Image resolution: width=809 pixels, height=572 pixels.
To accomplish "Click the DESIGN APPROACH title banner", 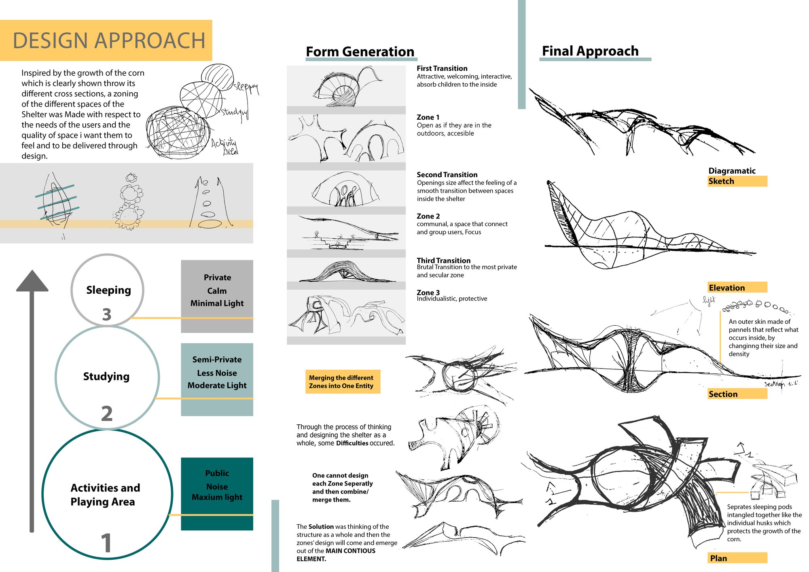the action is (106, 40).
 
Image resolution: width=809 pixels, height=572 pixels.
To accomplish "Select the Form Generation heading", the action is (360, 52).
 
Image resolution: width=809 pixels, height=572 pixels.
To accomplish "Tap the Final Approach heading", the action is (590, 51).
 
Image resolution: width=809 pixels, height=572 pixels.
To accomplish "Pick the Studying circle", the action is (107, 377).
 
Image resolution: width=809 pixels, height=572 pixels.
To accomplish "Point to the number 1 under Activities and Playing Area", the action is (106, 543).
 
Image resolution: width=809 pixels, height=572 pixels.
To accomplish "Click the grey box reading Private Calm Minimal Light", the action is (217, 297).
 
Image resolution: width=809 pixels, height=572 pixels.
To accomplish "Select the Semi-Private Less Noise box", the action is (217, 379).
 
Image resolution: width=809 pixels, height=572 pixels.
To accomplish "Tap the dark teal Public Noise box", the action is (217, 494).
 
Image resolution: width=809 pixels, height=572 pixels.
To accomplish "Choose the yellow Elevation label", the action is (737, 287).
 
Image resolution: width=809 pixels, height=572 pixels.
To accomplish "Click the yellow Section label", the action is (737, 394).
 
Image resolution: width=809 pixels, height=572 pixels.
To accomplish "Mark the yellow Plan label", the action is (737, 558).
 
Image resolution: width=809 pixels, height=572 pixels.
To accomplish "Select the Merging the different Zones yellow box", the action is (343, 381).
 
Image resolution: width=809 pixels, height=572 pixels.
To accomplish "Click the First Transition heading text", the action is (442, 68).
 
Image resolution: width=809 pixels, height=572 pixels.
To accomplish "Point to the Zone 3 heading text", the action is (428, 292).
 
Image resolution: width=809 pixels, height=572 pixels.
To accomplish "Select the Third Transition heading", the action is (444, 261).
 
